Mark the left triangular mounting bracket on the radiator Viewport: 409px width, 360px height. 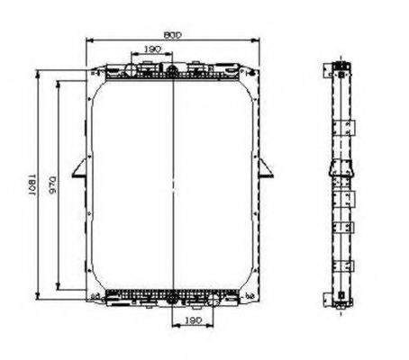[x=82, y=168]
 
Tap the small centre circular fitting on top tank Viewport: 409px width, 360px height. [x=171, y=68]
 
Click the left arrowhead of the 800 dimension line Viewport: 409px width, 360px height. [x=89, y=40]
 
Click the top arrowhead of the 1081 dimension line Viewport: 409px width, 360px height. [x=36, y=69]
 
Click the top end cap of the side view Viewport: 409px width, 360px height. [x=341, y=67]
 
